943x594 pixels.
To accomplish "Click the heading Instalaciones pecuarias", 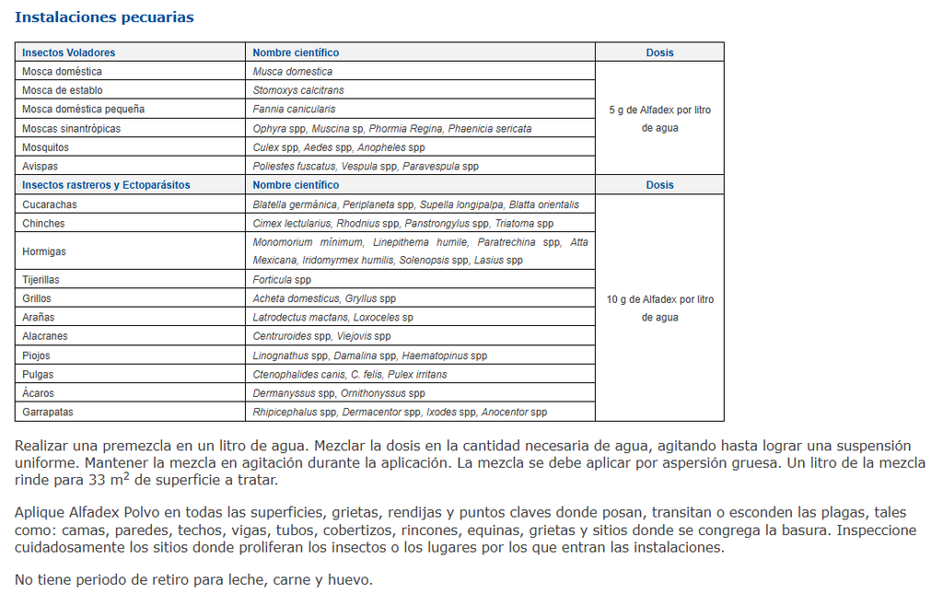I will (x=104, y=17).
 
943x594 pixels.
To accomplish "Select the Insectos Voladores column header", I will (x=69, y=52).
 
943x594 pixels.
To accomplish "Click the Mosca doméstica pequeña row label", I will (x=83, y=110).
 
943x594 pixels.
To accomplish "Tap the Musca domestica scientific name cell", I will (x=293, y=72).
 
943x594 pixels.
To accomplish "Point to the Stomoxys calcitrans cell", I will (x=298, y=90).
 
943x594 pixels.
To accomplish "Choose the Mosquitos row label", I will (x=45, y=147).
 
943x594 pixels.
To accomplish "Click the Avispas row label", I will (x=41, y=167).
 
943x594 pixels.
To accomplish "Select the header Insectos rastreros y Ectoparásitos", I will (x=106, y=185).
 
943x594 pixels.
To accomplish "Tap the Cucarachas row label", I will (x=50, y=204).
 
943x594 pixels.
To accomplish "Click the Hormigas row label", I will (x=44, y=251).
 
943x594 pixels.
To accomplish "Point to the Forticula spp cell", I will (x=282, y=280).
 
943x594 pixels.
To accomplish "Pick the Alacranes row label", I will (x=45, y=336).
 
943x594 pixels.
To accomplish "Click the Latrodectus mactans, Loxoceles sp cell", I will (x=332, y=318).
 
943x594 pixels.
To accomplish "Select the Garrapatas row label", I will (x=48, y=412).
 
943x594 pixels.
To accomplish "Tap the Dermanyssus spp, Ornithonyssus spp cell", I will (x=339, y=393).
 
